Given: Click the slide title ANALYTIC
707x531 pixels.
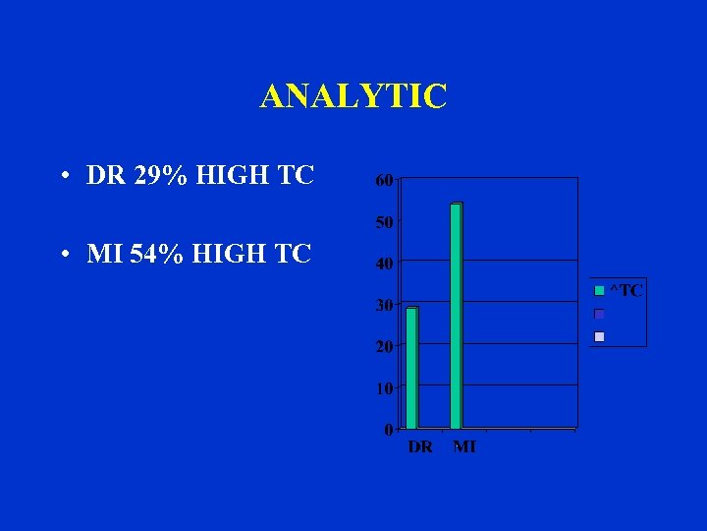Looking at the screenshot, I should click(353, 96).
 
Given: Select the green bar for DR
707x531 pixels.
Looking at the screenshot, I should click(411, 368).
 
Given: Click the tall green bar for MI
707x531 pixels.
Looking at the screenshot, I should click(456, 316).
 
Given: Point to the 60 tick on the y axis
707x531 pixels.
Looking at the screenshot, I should click(384, 180).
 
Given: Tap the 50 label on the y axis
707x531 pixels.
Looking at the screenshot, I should click(384, 222).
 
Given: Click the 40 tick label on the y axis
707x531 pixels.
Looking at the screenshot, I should click(384, 264).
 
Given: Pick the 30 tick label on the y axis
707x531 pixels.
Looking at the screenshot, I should click(384, 306).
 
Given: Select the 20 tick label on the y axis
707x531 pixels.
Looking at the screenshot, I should click(384, 347).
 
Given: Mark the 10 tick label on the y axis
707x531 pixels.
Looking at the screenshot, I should click(384, 388).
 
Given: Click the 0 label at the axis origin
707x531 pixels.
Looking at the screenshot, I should click(389, 430).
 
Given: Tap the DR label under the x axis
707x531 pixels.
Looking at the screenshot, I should click(419, 447).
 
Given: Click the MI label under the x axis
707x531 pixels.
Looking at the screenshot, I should click(464, 447).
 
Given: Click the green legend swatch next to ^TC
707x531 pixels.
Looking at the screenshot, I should click(599, 290).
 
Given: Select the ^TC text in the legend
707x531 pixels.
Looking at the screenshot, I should click(626, 290).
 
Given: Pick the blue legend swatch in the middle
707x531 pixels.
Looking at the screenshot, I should click(599, 314).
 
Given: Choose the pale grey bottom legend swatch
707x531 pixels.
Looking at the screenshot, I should click(599, 336).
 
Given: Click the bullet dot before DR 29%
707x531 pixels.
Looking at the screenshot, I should click(63, 178).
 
